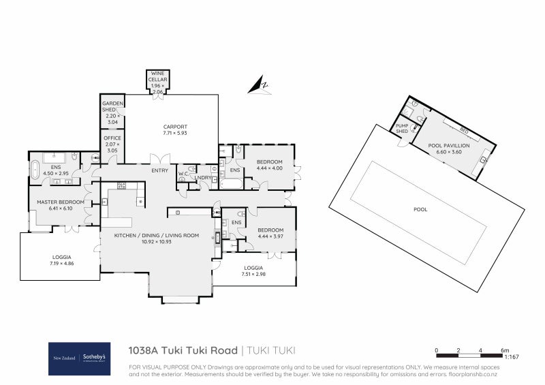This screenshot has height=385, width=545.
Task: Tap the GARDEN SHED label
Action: coord(109,106)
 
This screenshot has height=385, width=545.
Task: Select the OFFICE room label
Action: coord(112,138)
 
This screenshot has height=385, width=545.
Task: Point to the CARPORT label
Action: coord(175,127)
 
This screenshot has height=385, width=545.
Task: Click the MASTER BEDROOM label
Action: coord(61,202)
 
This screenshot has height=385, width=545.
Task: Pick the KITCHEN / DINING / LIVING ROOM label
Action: coord(157,235)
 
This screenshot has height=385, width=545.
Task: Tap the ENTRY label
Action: coord(160,170)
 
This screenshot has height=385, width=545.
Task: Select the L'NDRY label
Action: coord(204,178)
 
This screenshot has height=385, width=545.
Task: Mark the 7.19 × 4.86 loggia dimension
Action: coord(61,262)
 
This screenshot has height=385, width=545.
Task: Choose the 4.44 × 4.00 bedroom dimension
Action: coord(269,168)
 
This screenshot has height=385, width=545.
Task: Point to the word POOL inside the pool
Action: coord(420,209)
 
